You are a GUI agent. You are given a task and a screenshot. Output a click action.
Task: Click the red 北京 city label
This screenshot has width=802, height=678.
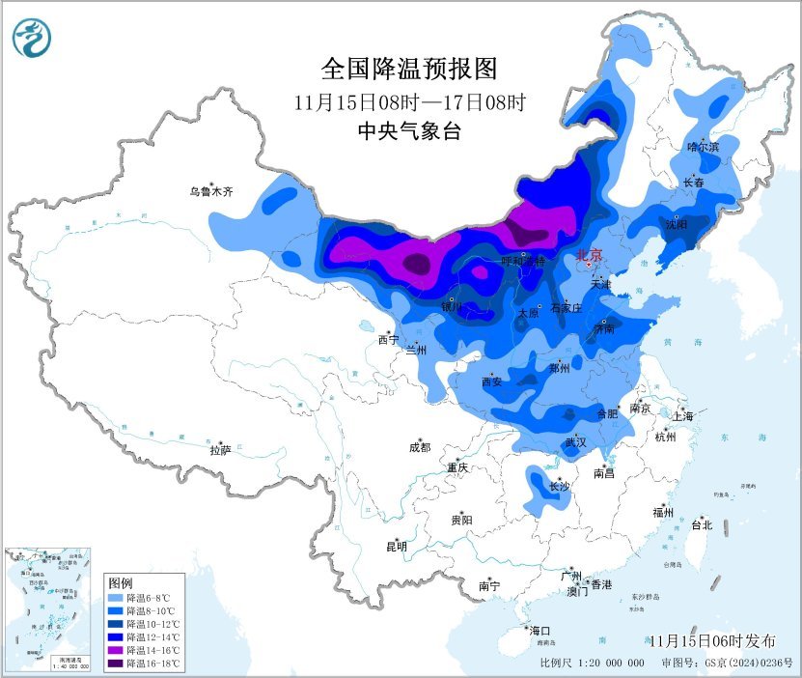pyautogui.click(x=589, y=256)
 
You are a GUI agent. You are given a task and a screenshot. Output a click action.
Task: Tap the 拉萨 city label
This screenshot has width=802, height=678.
pyautogui.click(x=220, y=450)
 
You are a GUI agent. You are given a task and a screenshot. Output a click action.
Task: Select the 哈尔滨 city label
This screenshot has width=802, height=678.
pyautogui.click(x=703, y=147)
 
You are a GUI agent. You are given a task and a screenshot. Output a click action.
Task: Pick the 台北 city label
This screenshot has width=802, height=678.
pyautogui.click(x=701, y=525)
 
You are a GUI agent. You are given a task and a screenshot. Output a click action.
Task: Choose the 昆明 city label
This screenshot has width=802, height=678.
pyautogui.click(x=397, y=547)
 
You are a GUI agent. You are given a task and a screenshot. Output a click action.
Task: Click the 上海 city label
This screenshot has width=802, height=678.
pyautogui.click(x=683, y=416)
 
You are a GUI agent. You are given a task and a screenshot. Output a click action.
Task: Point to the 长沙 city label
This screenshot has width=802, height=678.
pyautogui.click(x=560, y=487)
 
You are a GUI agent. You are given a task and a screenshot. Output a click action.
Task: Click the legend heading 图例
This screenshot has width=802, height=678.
pyautogui.click(x=120, y=583)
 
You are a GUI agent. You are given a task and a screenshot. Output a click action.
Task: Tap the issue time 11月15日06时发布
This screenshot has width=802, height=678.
pyautogui.click(x=711, y=641)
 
